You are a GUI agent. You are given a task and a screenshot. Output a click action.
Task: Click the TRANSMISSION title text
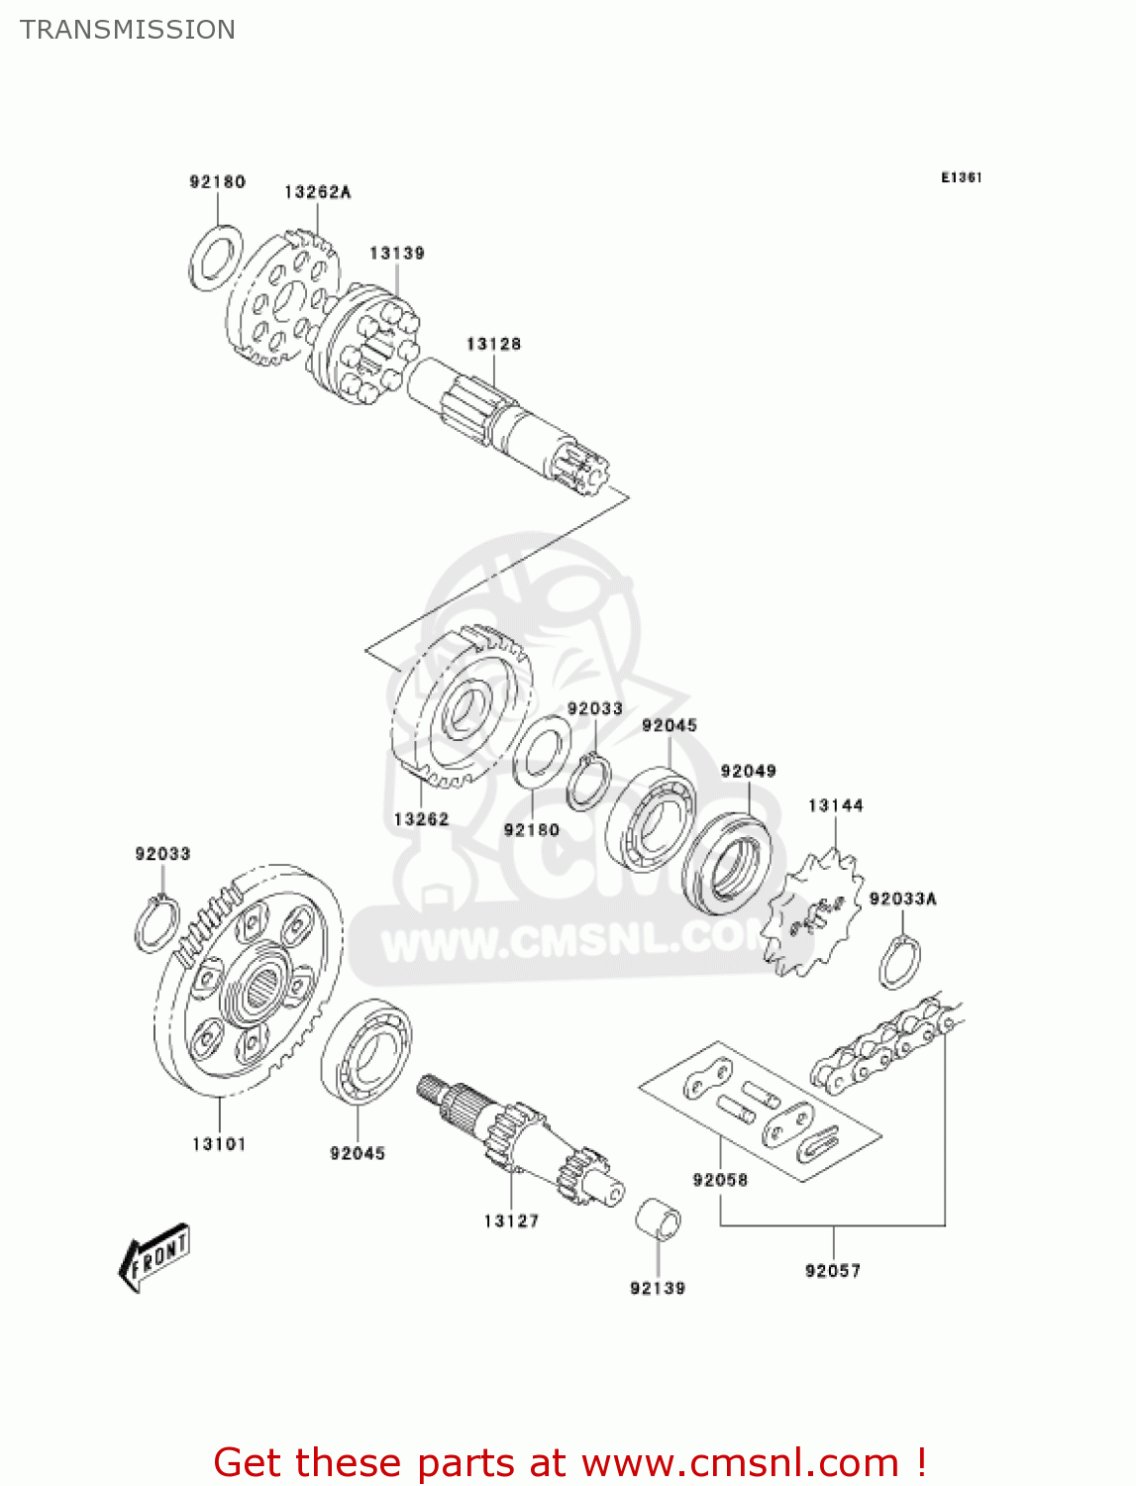point(128,30)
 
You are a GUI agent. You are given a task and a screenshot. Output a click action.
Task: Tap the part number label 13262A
point(317,192)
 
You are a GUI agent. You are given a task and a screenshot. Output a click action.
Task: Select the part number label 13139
point(397,254)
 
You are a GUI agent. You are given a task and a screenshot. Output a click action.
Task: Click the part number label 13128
point(493,345)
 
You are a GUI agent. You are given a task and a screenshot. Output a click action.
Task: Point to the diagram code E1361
point(961,177)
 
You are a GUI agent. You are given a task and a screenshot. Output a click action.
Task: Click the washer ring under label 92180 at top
point(215,258)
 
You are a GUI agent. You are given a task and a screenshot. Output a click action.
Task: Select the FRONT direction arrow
point(155,1258)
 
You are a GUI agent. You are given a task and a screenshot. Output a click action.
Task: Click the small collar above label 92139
point(658,1219)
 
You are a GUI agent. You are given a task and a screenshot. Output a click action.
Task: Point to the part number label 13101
point(219,1144)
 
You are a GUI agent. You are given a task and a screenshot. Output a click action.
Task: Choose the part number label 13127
point(511,1221)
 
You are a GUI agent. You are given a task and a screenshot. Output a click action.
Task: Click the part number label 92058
point(720,1180)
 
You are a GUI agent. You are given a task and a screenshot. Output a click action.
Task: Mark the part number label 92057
point(833,1271)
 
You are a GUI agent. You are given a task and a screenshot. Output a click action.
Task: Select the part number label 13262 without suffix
point(421,819)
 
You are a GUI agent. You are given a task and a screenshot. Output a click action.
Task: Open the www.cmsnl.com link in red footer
point(740,1463)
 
